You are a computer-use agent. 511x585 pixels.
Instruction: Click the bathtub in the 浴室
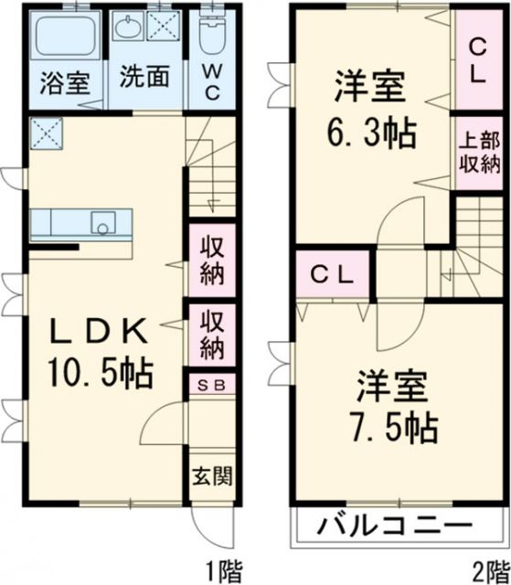pos(66,35)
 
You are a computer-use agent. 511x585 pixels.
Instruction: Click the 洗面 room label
pos(144,77)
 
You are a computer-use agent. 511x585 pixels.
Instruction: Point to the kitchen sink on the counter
pos(103,223)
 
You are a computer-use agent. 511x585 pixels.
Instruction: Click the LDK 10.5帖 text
pos(100,352)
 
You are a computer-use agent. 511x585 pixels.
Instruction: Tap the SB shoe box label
pos(211,385)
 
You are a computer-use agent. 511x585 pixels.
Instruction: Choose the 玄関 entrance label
pos(212,476)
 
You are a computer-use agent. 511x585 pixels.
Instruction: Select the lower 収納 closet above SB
pos(212,335)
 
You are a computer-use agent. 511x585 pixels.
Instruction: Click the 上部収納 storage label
pos(479,153)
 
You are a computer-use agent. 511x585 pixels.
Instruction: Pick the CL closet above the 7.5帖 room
pos(333,274)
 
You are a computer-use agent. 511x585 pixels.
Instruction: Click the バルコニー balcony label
pos(395,526)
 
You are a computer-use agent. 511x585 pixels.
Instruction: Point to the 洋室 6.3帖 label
pos(371,108)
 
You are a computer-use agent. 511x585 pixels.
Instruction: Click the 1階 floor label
pos(224,570)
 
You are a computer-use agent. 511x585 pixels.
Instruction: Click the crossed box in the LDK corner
pos(46,133)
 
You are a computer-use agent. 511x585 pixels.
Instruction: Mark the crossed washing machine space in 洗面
pos(164,26)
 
